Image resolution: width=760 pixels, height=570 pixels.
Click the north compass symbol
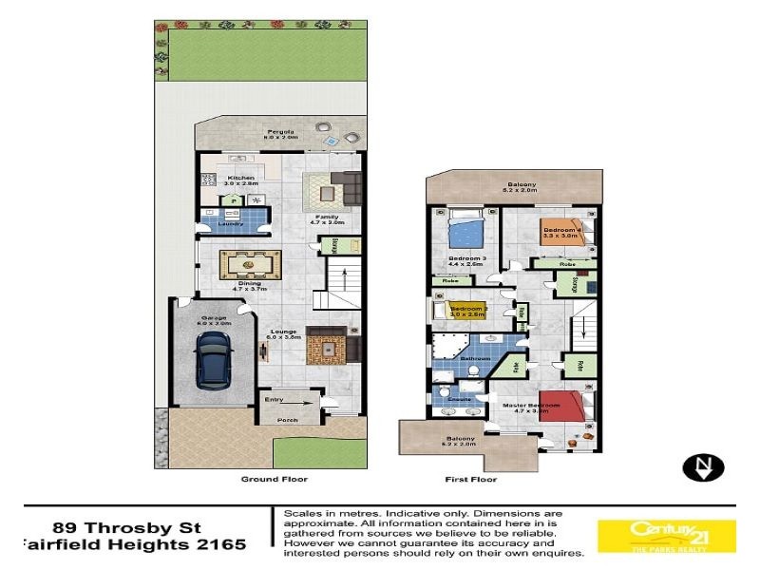(704, 466)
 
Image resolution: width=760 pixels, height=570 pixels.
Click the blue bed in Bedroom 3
(465, 230)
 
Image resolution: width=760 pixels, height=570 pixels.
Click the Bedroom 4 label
(560, 230)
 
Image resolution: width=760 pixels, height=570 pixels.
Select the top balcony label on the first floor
(521, 184)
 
